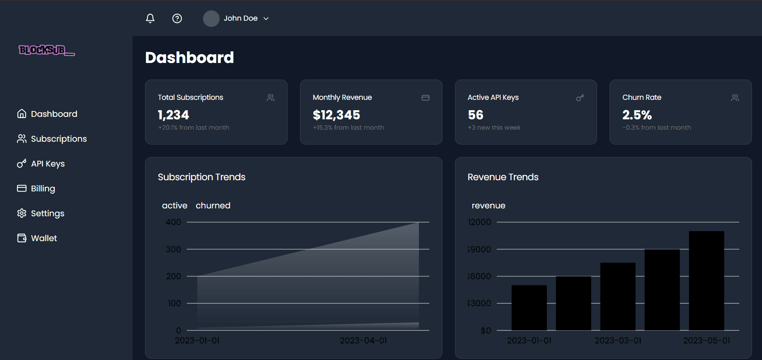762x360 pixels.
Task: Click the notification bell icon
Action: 150,18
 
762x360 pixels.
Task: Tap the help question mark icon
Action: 177,18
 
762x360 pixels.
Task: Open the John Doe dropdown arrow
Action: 266,19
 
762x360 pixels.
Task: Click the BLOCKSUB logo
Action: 46,50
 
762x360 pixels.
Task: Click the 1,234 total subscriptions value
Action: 173,115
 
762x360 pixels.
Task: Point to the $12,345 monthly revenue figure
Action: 336,115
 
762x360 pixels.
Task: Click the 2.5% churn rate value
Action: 637,115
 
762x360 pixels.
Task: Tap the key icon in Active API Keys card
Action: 580,98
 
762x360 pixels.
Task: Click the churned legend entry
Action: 213,205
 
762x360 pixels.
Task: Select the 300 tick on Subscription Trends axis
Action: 173,249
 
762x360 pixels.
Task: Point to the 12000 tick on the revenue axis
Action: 479,222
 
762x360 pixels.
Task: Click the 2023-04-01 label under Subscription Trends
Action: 363,341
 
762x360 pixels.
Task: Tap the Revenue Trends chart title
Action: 503,177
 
